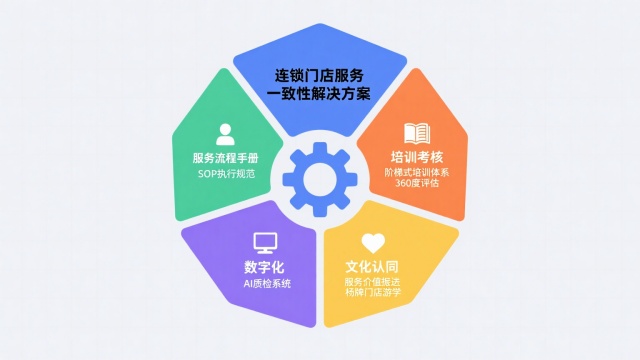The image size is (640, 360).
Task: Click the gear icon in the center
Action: pos(319,179)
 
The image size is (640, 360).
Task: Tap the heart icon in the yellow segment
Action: pos(373,243)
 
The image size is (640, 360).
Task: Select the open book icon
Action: pos(417,134)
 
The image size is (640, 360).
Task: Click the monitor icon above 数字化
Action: pos(265,243)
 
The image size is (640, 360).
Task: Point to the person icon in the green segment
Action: pos(226,134)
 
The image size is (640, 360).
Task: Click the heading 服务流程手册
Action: pos(226,158)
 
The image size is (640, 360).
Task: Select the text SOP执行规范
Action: pos(226,173)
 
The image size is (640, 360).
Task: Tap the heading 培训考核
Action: pos(417,157)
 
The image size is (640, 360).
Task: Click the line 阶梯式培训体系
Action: pos(417,172)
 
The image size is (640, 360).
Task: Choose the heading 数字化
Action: pos(266,267)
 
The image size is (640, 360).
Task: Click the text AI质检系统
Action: pos(266,283)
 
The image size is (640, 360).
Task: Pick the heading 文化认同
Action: pos(373,267)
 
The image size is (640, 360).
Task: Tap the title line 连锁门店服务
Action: pos(320,76)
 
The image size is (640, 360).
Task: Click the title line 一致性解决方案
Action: pos(320,94)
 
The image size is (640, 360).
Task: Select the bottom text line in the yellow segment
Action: pos(373,294)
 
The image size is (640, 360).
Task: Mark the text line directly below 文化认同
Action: pos(373,282)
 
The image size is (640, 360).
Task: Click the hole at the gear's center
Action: pos(319,179)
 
